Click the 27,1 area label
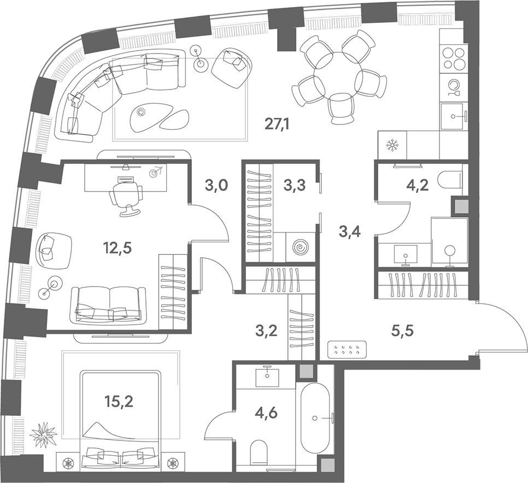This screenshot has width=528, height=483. (277, 124)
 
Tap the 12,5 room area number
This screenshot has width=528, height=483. (117, 248)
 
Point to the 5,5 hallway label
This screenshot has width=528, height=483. (402, 331)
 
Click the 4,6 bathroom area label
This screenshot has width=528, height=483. (266, 413)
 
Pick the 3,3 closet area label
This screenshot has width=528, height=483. (294, 185)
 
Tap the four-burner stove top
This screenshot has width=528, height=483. (453, 58)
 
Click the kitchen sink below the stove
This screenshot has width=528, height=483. (453, 116)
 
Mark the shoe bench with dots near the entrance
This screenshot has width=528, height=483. (347, 350)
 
